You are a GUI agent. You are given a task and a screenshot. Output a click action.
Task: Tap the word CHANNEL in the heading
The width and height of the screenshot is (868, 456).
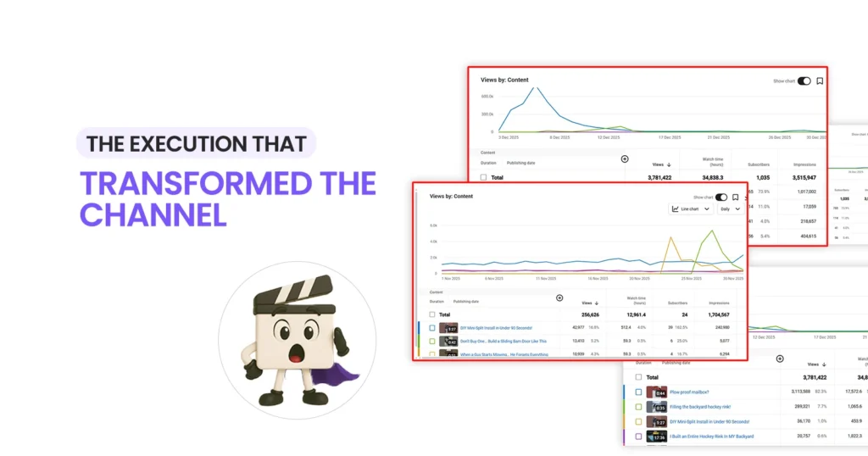153,214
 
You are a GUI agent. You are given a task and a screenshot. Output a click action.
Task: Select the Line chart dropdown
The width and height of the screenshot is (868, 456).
690,209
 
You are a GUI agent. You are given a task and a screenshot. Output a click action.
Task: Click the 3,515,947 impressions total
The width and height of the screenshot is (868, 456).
804,178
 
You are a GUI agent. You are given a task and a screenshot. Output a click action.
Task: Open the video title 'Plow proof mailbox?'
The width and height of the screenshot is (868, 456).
690,392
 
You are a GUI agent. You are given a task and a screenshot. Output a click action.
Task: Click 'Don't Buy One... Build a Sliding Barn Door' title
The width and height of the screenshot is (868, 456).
503,341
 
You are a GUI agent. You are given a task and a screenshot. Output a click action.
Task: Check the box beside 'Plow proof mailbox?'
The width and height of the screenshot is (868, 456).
638,392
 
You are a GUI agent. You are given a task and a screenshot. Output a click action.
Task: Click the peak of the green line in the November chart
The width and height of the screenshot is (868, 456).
702,241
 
